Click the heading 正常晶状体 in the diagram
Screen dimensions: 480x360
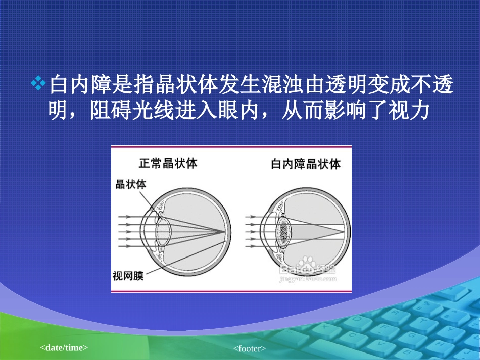pyautogui.click(x=168, y=163)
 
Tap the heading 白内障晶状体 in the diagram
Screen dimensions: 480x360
pyautogui.click(x=306, y=164)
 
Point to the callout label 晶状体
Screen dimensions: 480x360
pyautogui.click(x=131, y=184)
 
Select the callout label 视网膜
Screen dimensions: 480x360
pyautogui.click(x=128, y=276)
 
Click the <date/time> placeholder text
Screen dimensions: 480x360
pyautogui.click(x=64, y=348)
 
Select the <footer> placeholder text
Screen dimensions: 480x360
pyautogui.click(x=250, y=348)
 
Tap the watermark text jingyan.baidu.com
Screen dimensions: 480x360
pyautogui.click(x=308, y=279)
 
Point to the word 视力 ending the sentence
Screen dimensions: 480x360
pyautogui.click(x=409, y=110)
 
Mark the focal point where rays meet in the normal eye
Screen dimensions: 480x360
pyautogui.click(x=225, y=231)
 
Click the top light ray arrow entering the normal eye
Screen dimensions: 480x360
pyautogui.click(x=125, y=217)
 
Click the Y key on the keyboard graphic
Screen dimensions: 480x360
pyautogui.click(x=451, y=329)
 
